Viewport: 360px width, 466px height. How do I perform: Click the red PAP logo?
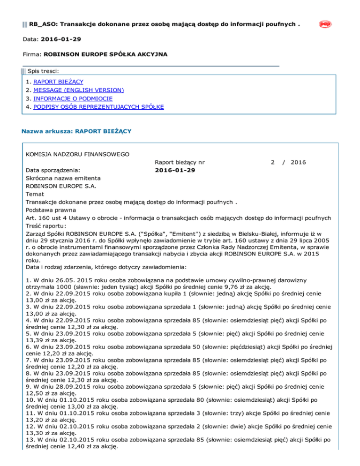[x=325, y=24]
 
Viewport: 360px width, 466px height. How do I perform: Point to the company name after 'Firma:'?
[x=105, y=54]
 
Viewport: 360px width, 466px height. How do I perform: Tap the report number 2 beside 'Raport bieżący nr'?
[x=272, y=162]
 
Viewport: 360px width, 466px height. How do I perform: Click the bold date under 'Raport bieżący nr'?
[x=175, y=170]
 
